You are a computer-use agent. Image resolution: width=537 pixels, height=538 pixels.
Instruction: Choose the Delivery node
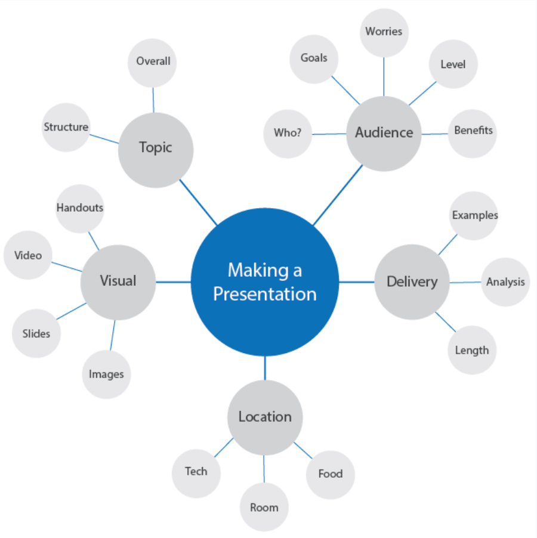tap(412, 282)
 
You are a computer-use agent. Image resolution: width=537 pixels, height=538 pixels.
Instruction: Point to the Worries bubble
tap(384, 32)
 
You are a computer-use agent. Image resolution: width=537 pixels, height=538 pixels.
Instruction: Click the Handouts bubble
tap(80, 208)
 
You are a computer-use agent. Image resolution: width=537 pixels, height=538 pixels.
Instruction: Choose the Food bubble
tap(330, 474)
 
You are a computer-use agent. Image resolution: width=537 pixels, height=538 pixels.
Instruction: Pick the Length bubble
tap(472, 351)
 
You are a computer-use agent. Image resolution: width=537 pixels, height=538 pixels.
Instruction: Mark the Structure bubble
tap(66, 128)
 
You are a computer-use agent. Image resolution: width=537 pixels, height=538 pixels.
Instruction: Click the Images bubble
tap(106, 375)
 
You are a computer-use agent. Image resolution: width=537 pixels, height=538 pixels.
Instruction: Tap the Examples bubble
tap(474, 216)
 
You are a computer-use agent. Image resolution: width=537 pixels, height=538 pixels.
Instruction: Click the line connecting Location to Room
tap(264, 469)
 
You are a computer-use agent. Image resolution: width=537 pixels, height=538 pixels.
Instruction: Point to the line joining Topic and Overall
tap(153, 99)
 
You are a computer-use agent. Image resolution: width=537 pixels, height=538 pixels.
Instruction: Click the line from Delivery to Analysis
tap(465, 282)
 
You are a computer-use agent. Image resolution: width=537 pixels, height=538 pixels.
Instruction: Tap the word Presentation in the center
tap(264, 294)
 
